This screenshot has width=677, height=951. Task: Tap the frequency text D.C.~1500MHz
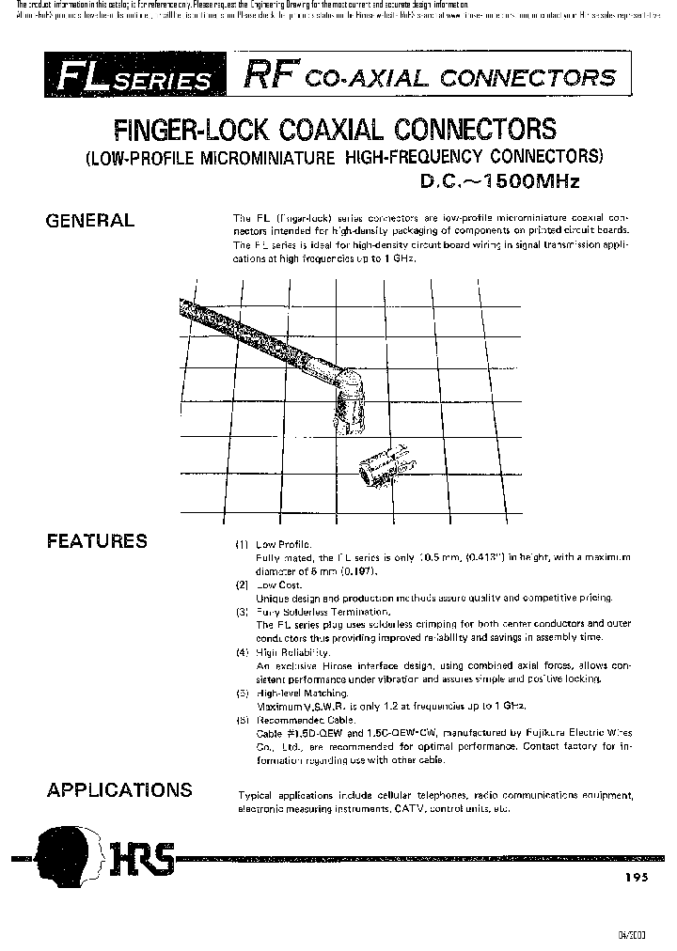click(498, 181)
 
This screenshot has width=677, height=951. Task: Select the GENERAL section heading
click(90, 221)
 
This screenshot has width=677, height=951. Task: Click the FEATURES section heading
click(97, 540)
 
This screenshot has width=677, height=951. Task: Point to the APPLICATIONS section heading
click(119, 790)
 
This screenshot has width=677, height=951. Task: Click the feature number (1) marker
click(242, 545)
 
